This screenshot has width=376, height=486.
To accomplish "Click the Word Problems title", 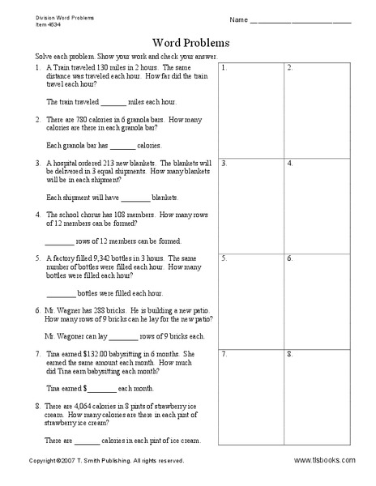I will coord(190,42).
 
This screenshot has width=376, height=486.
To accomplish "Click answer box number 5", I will coord(251,301).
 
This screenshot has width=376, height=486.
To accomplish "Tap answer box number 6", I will coord(318,301).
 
